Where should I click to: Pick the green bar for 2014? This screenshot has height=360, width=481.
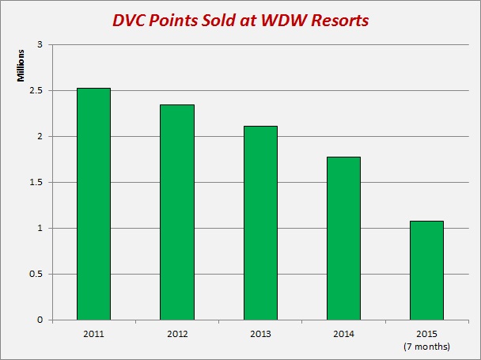click(x=343, y=238)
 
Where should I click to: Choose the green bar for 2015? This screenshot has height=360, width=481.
click(x=426, y=270)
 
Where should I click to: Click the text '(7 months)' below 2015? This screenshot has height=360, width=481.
click(x=426, y=347)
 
